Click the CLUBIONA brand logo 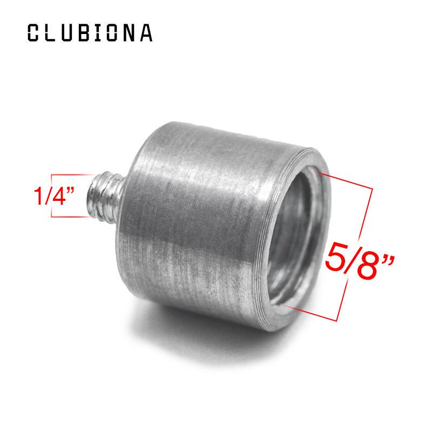(90, 33)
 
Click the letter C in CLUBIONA (33, 33)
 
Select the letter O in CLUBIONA (113, 33)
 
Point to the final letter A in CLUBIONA (146, 33)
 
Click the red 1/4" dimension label (53, 195)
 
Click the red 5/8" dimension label (360, 261)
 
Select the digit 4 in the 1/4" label (58, 196)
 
